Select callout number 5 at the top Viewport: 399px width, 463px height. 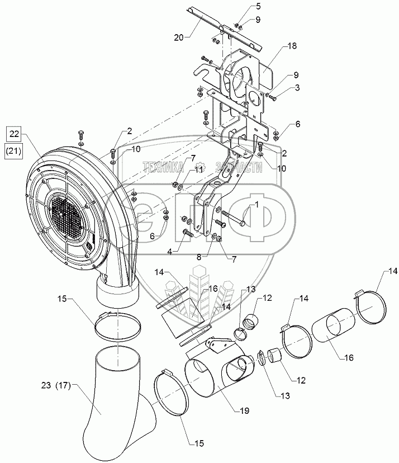coord(243,6)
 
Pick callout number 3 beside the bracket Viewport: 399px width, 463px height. coord(298,88)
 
